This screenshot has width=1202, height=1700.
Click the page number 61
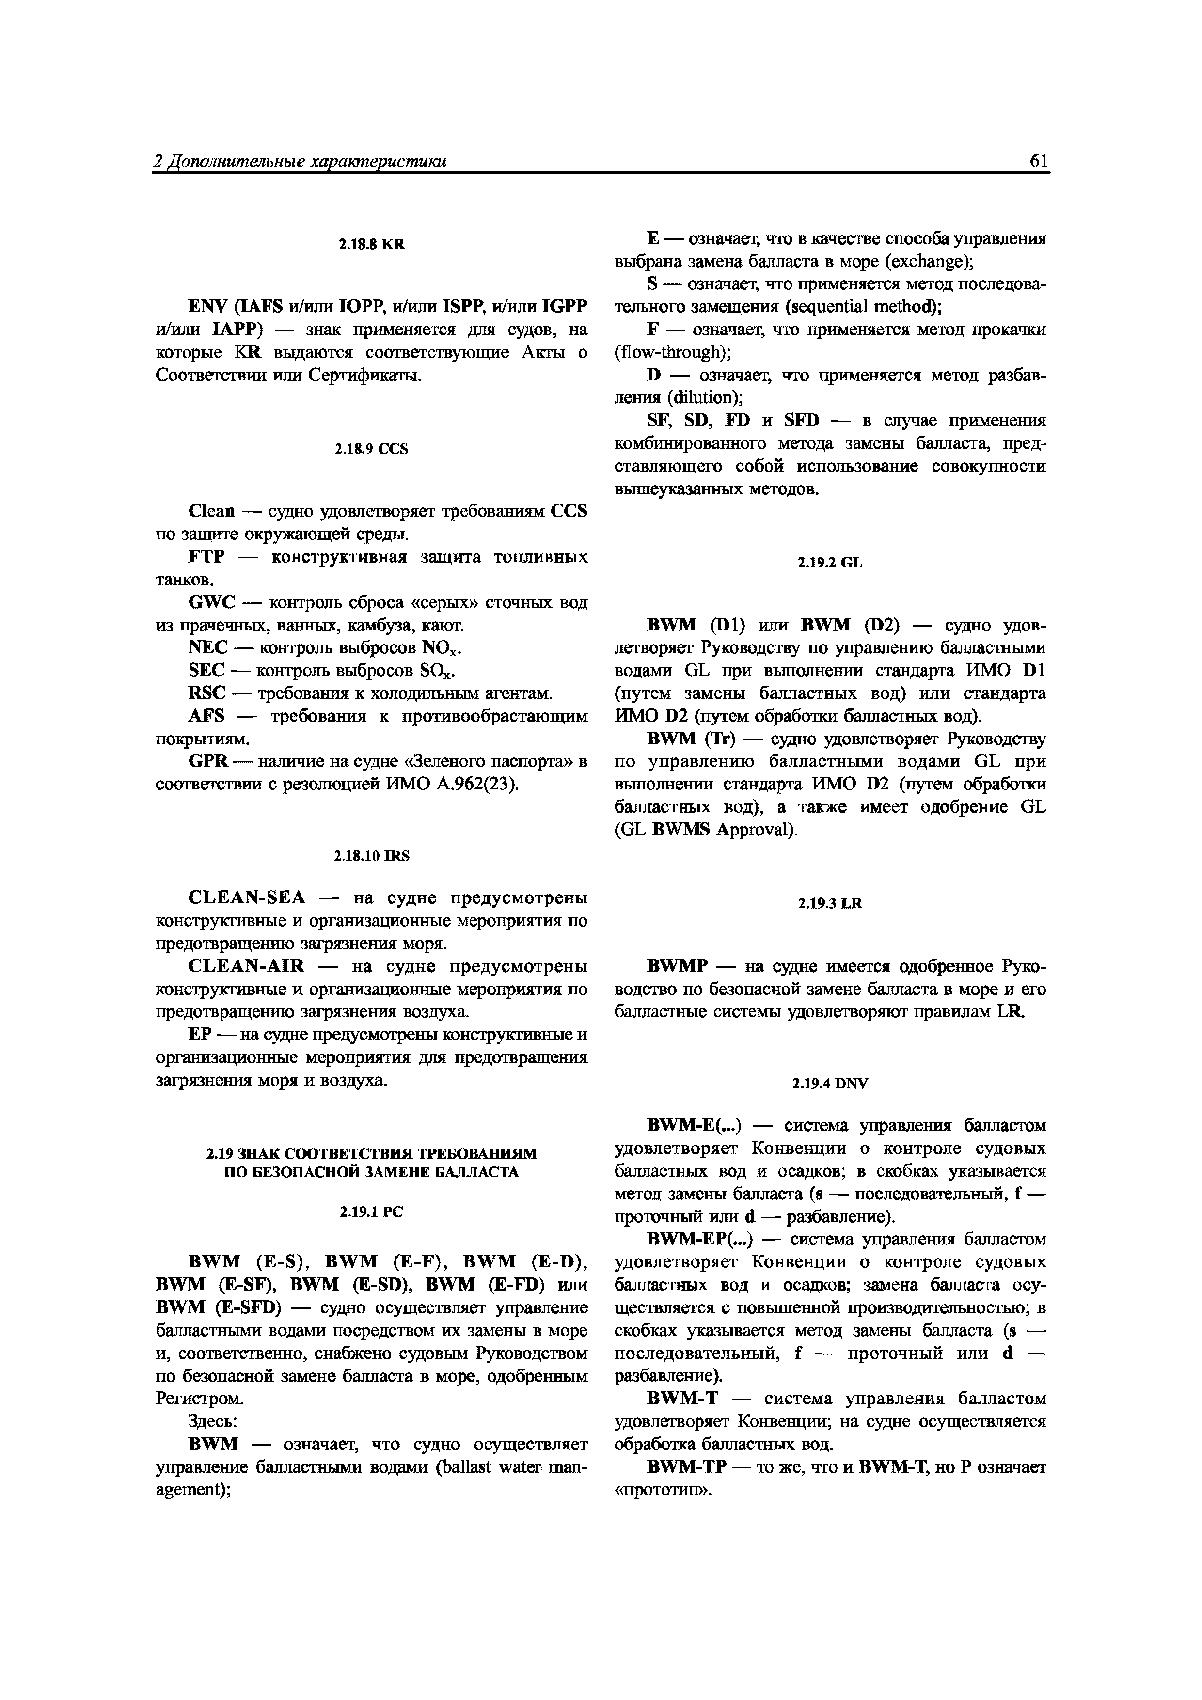click(x=1038, y=161)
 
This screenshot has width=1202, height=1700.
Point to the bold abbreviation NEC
click(x=207, y=648)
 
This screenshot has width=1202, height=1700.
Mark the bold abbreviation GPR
click(x=208, y=761)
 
